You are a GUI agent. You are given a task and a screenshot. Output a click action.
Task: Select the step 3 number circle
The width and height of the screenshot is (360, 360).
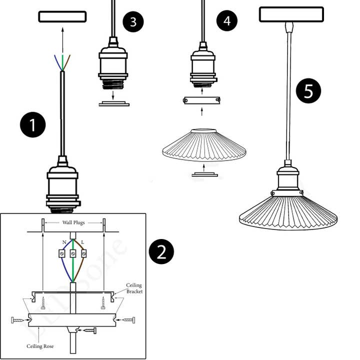(x=133, y=22)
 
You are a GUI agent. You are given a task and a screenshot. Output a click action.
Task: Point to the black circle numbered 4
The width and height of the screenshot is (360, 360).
(x=227, y=21)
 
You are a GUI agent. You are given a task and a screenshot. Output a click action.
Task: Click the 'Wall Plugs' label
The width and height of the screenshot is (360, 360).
(x=73, y=222)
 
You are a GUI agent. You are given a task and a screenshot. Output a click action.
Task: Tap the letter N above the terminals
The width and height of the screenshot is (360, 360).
(x=64, y=242)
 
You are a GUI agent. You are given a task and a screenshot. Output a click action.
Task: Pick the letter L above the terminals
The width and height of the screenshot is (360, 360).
(x=82, y=242)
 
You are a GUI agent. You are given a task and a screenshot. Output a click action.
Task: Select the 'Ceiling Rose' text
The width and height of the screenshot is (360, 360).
(x=40, y=346)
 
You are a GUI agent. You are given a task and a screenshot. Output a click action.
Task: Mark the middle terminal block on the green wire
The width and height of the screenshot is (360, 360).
(x=73, y=254)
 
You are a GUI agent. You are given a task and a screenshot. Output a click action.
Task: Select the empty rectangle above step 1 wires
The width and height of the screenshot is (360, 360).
(x=62, y=16)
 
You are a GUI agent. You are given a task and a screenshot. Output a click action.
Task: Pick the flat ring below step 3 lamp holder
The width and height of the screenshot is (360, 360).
(x=114, y=104)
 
